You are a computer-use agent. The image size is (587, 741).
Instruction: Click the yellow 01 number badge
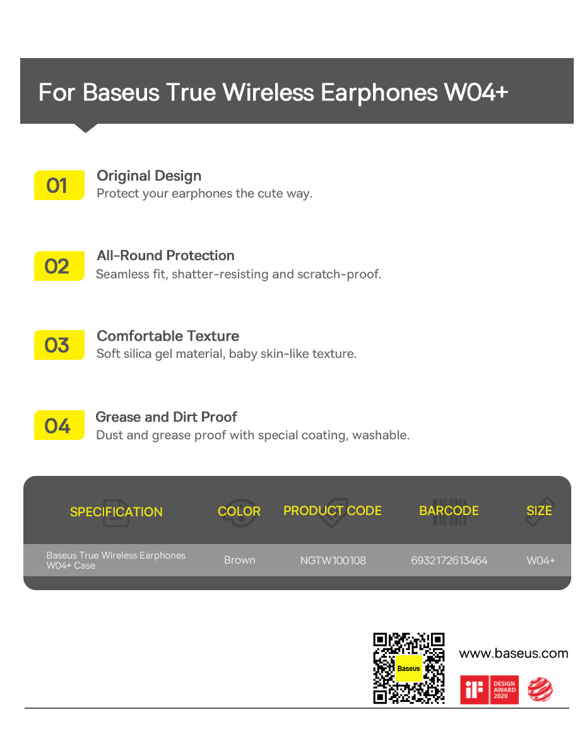coord(59,186)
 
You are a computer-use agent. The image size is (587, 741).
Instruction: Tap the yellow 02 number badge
coord(59,266)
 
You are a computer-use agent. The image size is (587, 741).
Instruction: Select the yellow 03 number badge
coord(59,345)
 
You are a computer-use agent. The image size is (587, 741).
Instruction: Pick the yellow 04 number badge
coord(59,425)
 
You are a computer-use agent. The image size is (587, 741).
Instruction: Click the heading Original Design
coord(149,176)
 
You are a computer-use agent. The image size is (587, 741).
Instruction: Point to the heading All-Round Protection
coord(165,256)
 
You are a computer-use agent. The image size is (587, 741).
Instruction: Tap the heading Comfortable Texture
coord(168,336)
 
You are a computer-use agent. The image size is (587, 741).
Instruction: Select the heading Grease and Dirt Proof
coord(167,417)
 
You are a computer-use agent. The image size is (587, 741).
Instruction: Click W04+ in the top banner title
coord(476,92)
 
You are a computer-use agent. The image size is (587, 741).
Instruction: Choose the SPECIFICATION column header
coord(116,512)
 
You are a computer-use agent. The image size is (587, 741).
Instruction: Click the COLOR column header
coord(239,511)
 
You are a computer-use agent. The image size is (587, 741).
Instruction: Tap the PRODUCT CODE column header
coord(332,511)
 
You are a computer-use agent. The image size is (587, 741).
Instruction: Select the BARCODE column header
coord(449,511)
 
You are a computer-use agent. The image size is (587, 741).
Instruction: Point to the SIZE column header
coord(539,511)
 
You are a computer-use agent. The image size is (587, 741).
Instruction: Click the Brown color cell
coord(240,560)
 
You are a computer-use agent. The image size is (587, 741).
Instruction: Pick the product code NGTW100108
coord(333,560)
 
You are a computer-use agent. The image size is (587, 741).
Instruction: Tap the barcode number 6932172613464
coord(449,560)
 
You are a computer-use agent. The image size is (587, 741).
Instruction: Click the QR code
coord(409,668)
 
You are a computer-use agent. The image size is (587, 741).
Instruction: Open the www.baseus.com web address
coord(514,653)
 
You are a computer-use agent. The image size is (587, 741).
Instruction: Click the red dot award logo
coord(540,689)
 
